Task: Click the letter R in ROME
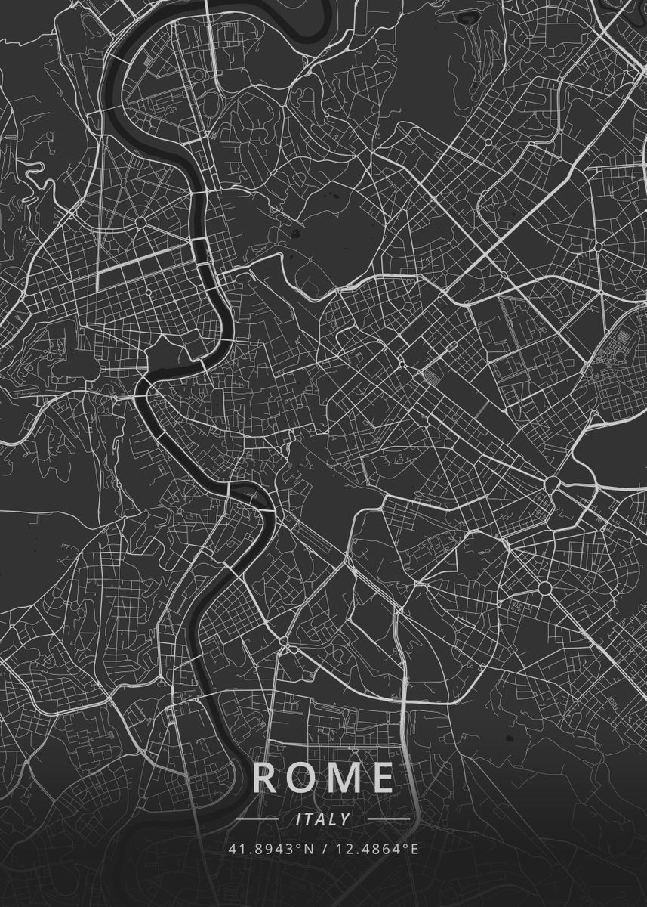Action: point(265,778)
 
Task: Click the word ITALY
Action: point(323,819)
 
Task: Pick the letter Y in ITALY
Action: point(344,819)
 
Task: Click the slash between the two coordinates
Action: point(325,849)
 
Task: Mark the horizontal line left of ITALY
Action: point(258,819)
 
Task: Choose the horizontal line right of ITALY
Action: point(388,819)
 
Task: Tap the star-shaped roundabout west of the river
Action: point(141,222)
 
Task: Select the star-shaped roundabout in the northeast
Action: point(598,246)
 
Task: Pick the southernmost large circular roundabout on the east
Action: point(544,587)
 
